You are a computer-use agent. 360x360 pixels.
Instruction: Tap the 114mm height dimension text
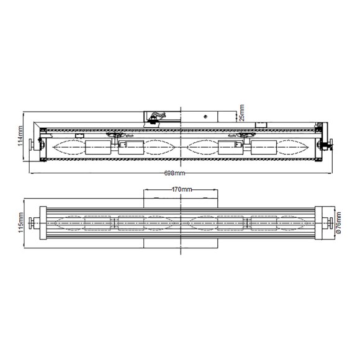20,136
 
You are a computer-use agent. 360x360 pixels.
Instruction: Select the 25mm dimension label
242,114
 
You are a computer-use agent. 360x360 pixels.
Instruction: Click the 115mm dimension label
20,222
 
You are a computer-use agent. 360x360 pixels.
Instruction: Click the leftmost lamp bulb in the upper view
69,148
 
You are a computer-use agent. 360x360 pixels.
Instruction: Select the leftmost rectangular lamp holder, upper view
97,148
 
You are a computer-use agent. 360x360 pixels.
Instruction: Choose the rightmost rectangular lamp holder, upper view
263,148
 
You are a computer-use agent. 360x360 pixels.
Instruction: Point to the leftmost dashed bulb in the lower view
69,222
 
